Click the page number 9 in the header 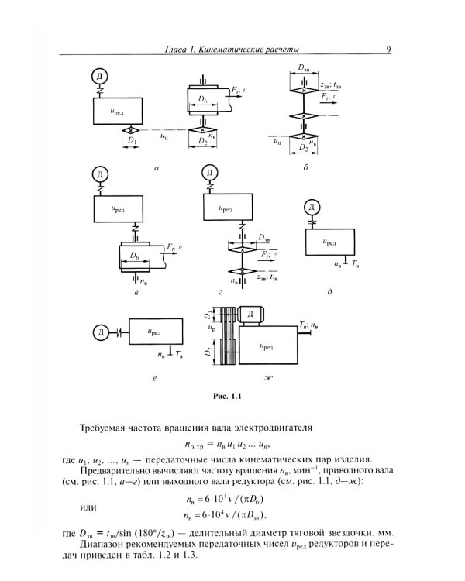(x=387, y=51)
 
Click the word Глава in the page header (x=180, y=51)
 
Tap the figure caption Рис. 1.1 (x=228, y=398)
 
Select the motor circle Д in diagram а (x=98, y=75)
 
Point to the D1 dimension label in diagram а (x=133, y=142)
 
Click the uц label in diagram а (x=164, y=136)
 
